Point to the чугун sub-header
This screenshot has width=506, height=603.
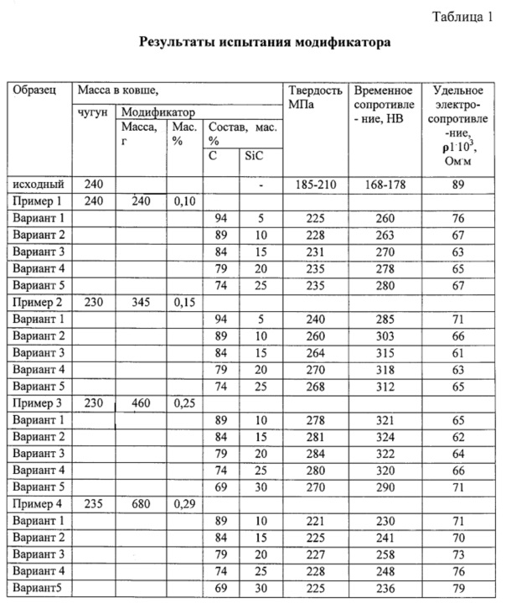pos(91,112)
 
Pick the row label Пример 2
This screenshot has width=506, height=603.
pos(39,300)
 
